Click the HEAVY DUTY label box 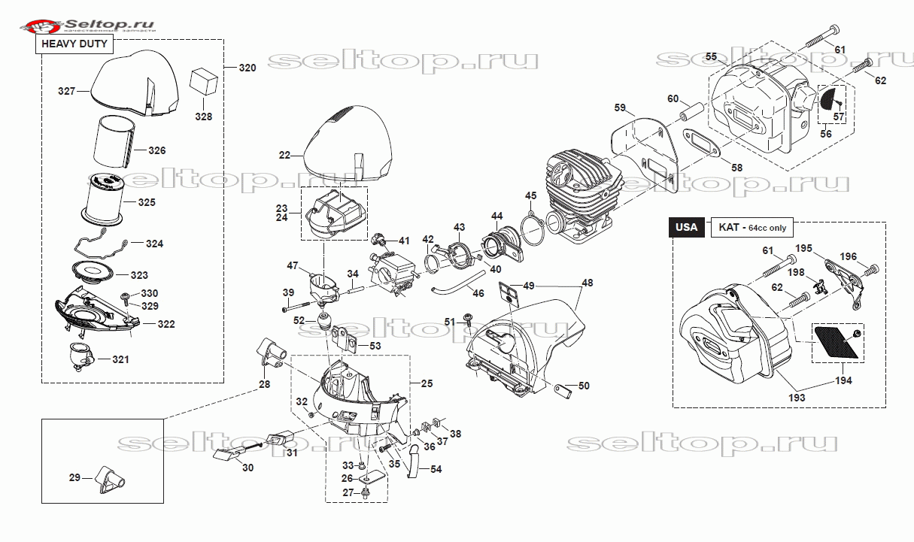[x=76, y=44]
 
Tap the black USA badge [x=686, y=227]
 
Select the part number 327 [x=67, y=91]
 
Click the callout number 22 [x=284, y=156]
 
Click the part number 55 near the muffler [x=711, y=57]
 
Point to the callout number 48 [x=587, y=283]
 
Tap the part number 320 [x=247, y=68]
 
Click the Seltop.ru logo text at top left [x=109, y=25]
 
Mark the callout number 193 [x=797, y=397]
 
